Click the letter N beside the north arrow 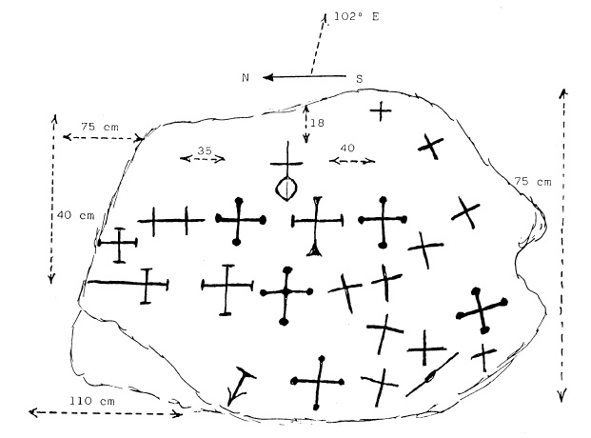pos(245,78)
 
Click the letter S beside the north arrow pos(359,78)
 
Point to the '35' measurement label pos(203,150)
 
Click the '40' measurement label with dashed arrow pos(348,149)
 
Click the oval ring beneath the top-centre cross pos(286,187)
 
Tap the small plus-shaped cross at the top pos(381,111)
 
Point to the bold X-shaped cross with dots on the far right pos(482,309)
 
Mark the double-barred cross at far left pos(171,221)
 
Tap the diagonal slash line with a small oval pos(430,377)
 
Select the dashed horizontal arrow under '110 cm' pos(105,413)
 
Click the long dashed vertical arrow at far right pos(562,243)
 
